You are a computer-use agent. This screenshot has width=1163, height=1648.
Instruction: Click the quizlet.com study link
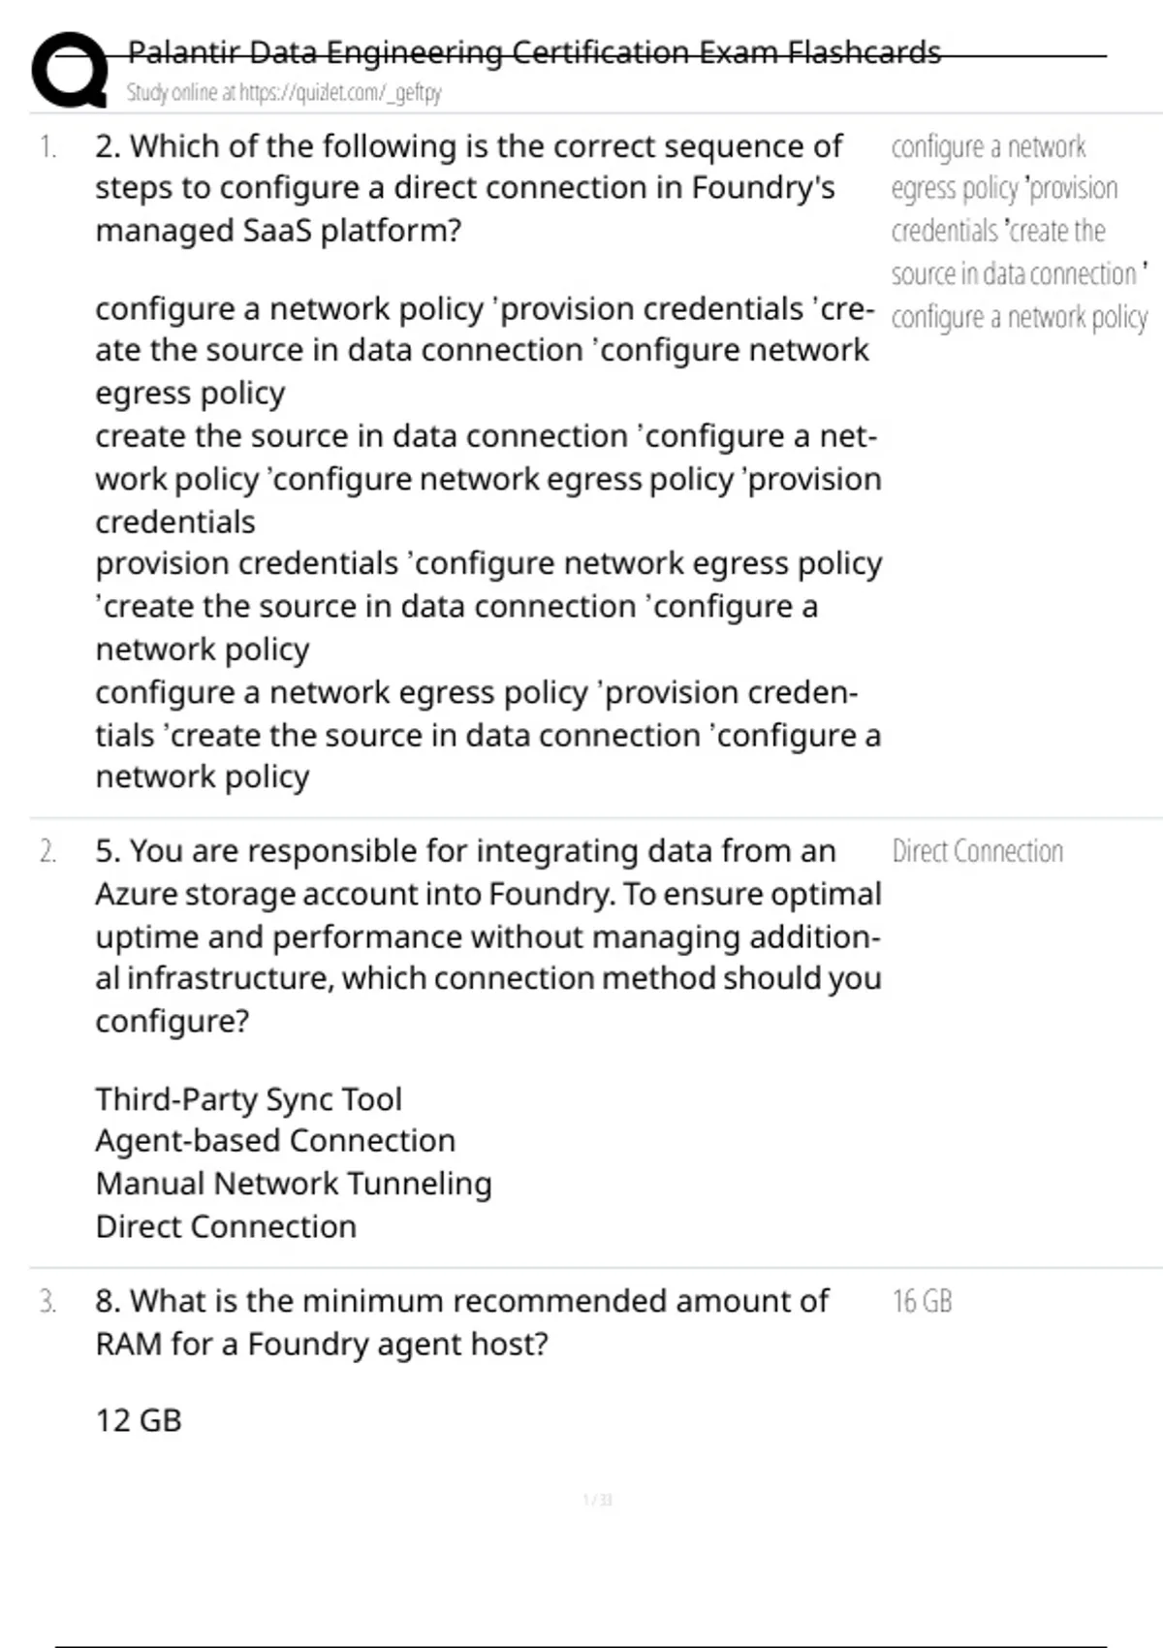340,93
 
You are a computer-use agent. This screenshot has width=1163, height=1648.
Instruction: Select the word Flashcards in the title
863,52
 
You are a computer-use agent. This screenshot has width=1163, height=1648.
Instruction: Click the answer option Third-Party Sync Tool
248,1099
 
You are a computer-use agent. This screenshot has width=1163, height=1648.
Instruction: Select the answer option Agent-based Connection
275,1141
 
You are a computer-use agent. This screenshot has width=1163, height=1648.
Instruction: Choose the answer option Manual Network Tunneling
294,1184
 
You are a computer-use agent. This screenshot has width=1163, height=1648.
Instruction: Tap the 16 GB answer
922,1302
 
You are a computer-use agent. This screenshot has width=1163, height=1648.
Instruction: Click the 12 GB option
139,1420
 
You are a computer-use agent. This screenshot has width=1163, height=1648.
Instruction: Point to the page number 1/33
597,1500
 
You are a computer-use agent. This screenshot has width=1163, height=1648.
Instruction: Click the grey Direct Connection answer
977,852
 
